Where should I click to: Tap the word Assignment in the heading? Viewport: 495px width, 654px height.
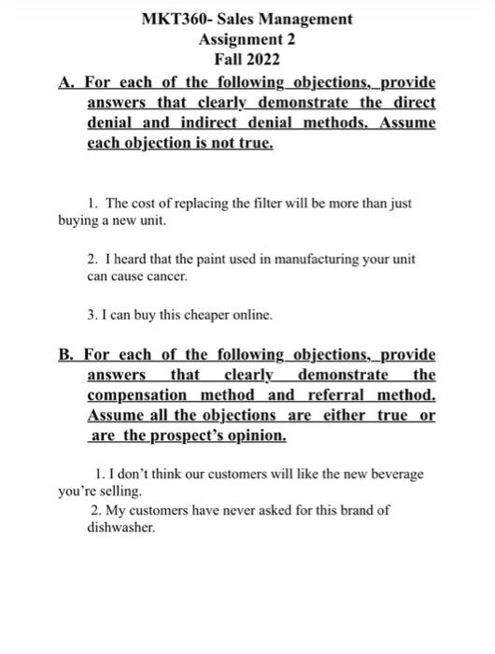(x=237, y=40)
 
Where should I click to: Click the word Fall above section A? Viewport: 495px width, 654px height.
(x=228, y=62)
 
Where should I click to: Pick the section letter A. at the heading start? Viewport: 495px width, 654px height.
(x=66, y=82)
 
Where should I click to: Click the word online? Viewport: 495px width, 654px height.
(x=250, y=316)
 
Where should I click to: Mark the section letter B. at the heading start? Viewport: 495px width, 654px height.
(x=66, y=355)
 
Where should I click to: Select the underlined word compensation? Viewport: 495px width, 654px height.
(x=131, y=396)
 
